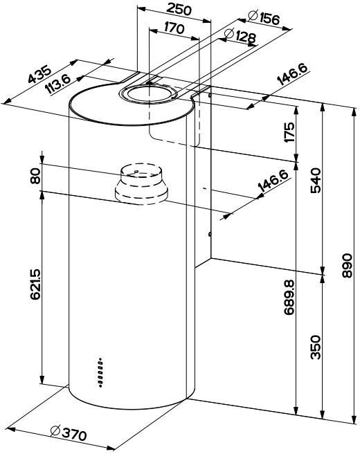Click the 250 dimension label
click(179, 10)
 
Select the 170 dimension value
click(174, 28)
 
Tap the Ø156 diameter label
click(264, 18)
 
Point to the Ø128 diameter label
click(240, 36)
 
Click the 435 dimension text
click(39, 75)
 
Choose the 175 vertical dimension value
click(289, 132)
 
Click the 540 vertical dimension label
click(316, 180)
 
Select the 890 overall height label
click(347, 266)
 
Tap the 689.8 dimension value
click(289, 298)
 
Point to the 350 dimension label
click(316, 347)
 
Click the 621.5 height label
click(35, 284)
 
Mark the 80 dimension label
click(35, 176)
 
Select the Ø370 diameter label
click(69, 433)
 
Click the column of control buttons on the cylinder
click(100, 372)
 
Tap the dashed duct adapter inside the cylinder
click(141, 184)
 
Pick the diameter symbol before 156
click(253, 16)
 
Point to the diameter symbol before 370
click(55, 430)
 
